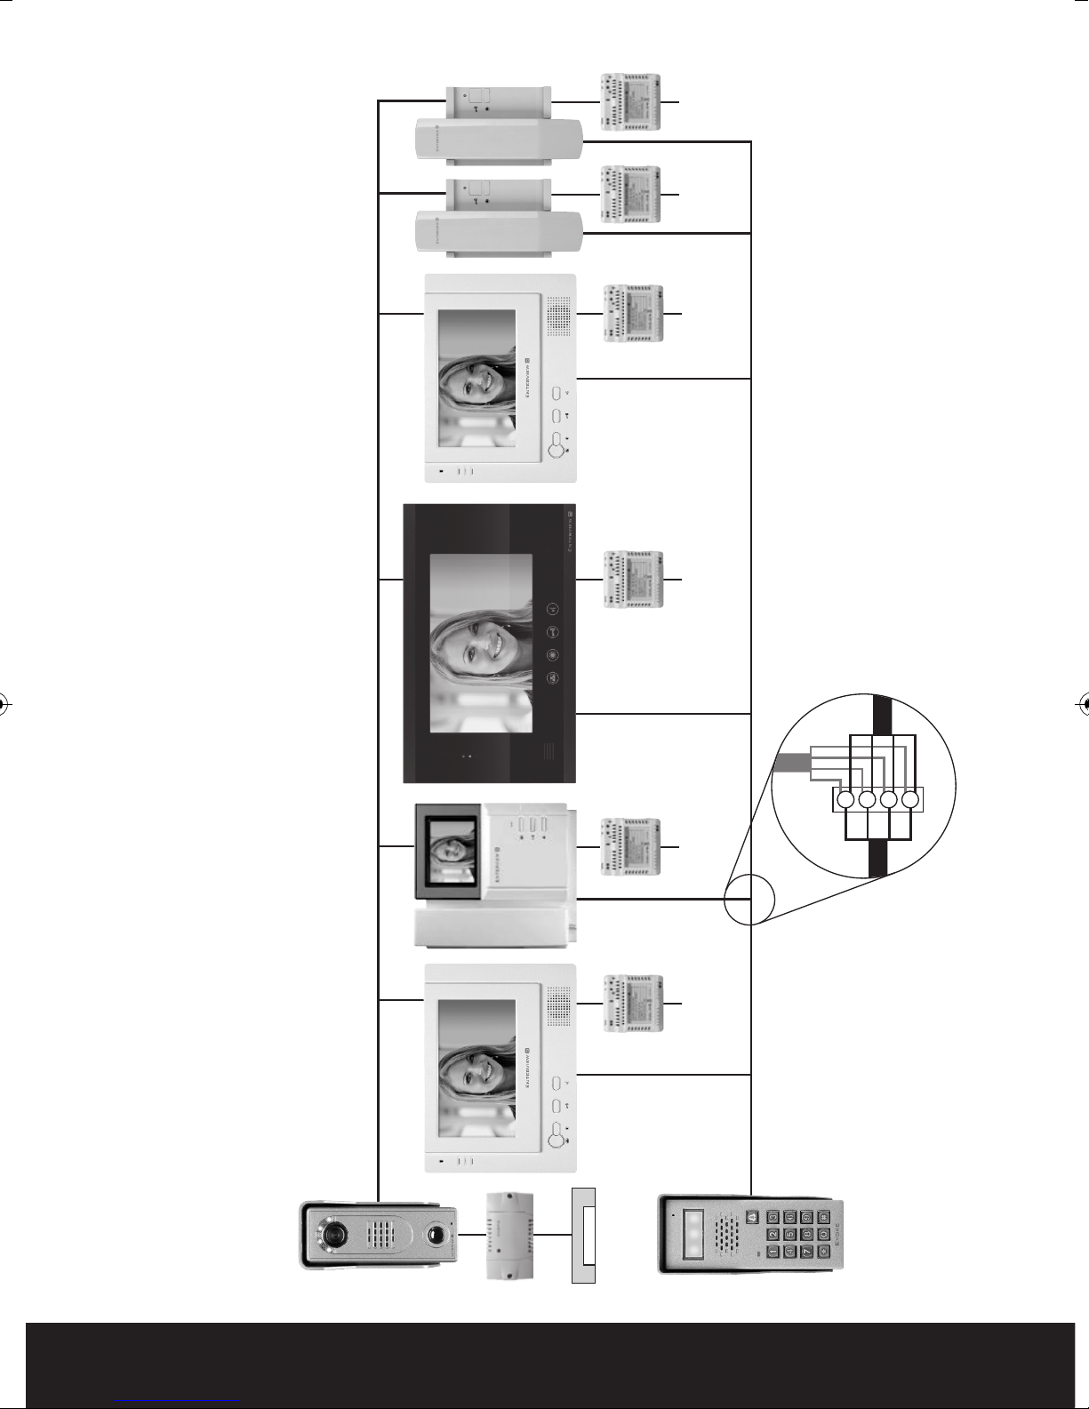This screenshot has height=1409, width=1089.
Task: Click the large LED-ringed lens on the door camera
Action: (335, 1235)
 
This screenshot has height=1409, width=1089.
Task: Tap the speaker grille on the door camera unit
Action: (385, 1236)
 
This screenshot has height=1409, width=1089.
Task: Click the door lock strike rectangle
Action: (582, 1235)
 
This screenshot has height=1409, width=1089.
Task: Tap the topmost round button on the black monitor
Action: (552, 610)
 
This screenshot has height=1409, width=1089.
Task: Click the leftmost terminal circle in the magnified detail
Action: (845, 799)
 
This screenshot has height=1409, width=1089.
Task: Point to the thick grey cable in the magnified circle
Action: (790, 763)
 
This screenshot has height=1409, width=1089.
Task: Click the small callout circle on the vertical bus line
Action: (749, 900)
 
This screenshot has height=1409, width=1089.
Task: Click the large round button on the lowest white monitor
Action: (556, 1133)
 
